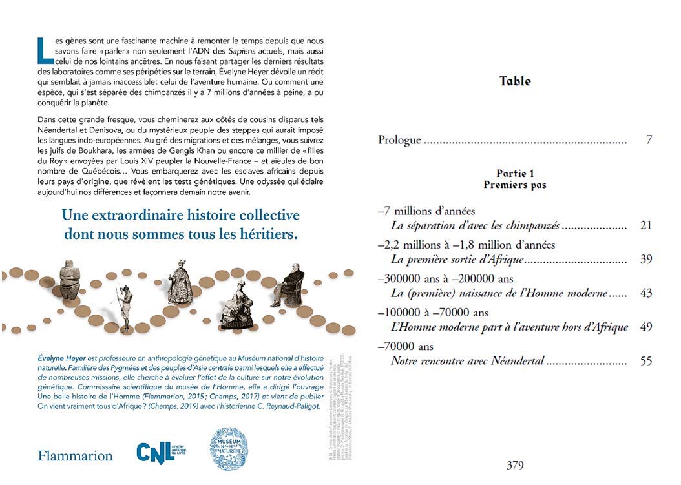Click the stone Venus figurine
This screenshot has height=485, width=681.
(x=69, y=284)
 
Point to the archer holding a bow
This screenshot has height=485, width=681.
(x=125, y=300)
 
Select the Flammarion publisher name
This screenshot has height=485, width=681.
(x=75, y=456)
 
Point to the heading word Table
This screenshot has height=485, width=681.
(x=515, y=81)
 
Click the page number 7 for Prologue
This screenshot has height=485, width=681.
(x=648, y=139)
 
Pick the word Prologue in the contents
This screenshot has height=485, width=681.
(x=399, y=139)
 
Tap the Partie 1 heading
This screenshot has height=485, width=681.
(x=515, y=173)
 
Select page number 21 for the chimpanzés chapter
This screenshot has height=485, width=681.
(x=645, y=226)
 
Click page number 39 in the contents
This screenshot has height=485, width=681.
(x=645, y=260)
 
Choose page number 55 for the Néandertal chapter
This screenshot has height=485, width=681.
(x=645, y=360)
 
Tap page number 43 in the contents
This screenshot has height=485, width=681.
(x=645, y=293)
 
